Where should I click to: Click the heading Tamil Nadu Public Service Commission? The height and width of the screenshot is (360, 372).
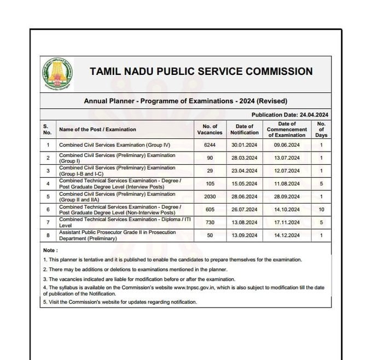(x=201, y=72)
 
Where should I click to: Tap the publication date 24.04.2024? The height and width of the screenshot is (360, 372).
(x=313, y=115)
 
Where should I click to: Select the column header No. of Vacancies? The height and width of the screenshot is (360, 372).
(x=210, y=130)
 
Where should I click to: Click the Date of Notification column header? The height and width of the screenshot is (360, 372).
(x=245, y=130)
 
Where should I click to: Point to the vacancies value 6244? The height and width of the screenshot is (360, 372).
(x=210, y=145)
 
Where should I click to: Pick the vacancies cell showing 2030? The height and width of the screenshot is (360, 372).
(x=210, y=196)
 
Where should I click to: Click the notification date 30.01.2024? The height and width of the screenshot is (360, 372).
(x=245, y=145)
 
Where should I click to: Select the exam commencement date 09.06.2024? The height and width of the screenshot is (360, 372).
(x=287, y=145)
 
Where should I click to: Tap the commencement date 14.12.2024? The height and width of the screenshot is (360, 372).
(x=287, y=235)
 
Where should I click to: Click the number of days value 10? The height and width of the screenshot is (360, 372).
(x=321, y=210)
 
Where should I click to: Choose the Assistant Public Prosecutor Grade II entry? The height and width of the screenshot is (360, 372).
(x=117, y=235)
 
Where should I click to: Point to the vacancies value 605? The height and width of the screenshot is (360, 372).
(x=210, y=210)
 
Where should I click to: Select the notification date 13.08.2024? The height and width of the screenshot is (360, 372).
(x=245, y=222)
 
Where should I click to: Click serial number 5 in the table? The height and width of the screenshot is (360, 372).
(x=48, y=196)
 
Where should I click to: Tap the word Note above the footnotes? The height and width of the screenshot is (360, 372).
(x=50, y=251)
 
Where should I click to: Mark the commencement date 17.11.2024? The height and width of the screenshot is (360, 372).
(x=287, y=222)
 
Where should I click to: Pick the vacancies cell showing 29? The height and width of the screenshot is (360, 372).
(x=210, y=171)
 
